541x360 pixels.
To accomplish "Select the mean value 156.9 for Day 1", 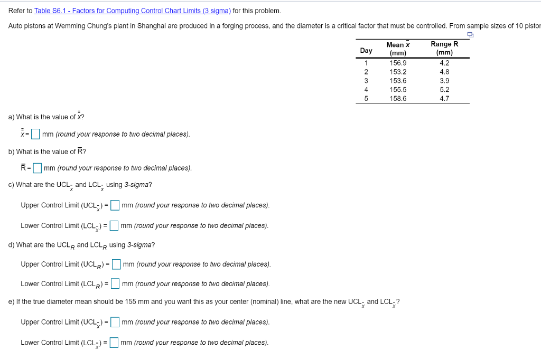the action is click(398, 63).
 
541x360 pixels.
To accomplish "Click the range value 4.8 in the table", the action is click(444, 72).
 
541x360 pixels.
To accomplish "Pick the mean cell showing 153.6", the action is click(398, 81).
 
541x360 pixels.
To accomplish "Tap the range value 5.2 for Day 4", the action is click(444, 90).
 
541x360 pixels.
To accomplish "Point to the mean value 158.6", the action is click(398, 98).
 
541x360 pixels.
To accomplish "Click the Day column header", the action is click(366, 51).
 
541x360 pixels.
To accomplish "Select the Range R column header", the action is click(444, 48).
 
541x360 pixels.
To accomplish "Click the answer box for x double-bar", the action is click(35, 134).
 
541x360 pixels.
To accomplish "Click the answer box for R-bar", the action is click(38, 168).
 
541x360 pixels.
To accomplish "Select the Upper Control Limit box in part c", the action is click(115, 205).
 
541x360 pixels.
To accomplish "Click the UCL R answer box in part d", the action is click(116, 264).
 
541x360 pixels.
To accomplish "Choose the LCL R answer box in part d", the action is click(115, 283).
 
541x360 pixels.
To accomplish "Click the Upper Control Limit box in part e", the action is click(115, 322).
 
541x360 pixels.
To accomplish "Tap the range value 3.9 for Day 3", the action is click(444, 81).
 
